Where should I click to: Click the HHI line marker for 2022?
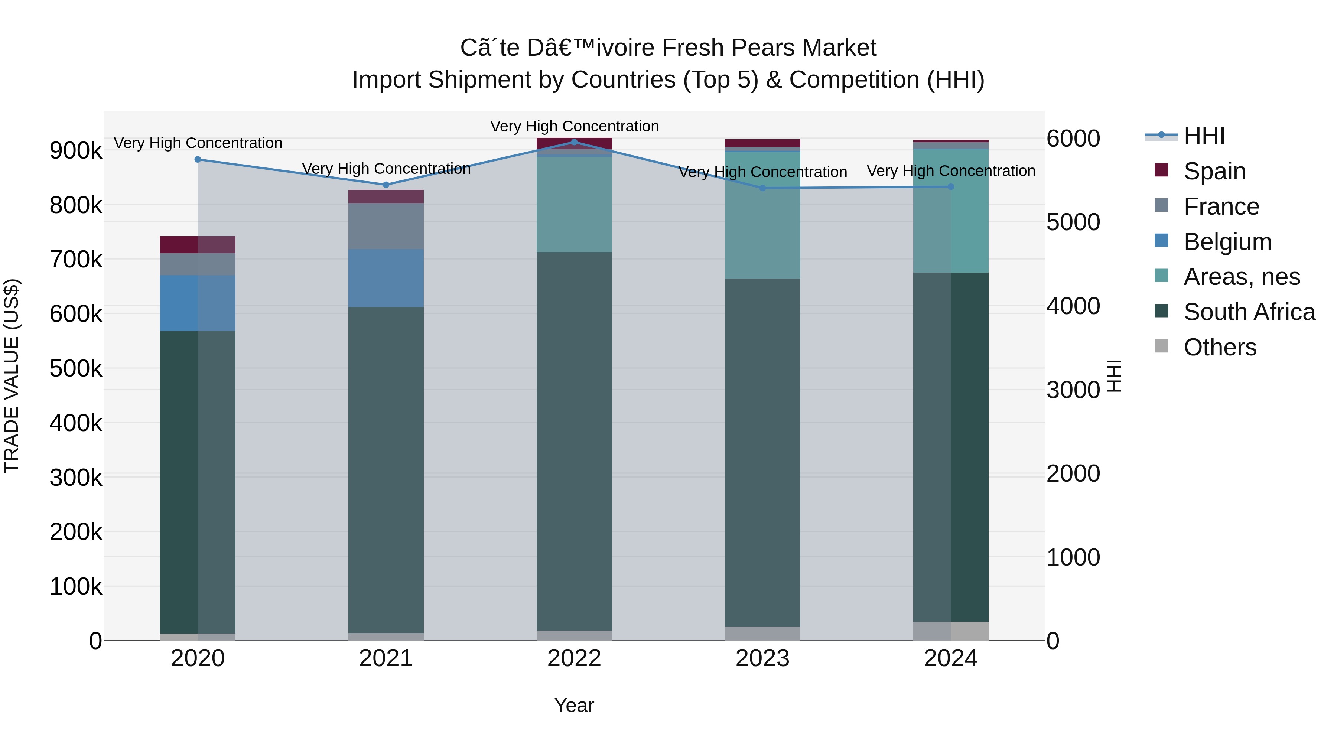click(x=574, y=142)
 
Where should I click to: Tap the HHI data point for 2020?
click(x=198, y=159)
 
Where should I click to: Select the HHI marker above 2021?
click(x=386, y=185)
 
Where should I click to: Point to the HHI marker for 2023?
click(x=762, y=188)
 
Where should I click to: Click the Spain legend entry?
click(x=1214, y=171)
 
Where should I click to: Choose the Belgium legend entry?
click(x=1227, y=242)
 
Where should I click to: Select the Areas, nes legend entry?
click(x=1242, y=277)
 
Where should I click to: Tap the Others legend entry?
click(x=1220, y=347)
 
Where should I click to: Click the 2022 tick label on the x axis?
click(x=574, y=658)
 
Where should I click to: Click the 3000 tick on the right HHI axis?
click(x=1073, y=390)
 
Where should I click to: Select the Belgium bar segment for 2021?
click(x=386, y=278)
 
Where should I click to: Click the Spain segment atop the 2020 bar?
click(x=198, y=244)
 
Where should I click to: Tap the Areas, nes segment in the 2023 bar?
click(x=762, y=215)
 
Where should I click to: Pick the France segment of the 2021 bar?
click(x=386, y=226)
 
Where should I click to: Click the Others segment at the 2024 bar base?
click(x=951, y=631)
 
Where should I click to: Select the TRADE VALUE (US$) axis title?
click(x=12, y=376)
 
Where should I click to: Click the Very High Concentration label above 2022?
click(x=574, y=126)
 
